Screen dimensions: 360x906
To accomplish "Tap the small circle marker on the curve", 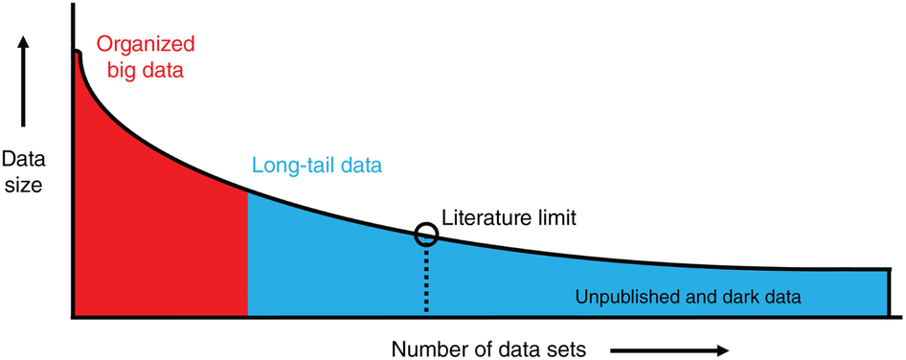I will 426,234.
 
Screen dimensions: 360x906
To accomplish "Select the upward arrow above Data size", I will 25,81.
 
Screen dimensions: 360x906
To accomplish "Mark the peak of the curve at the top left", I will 77,53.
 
